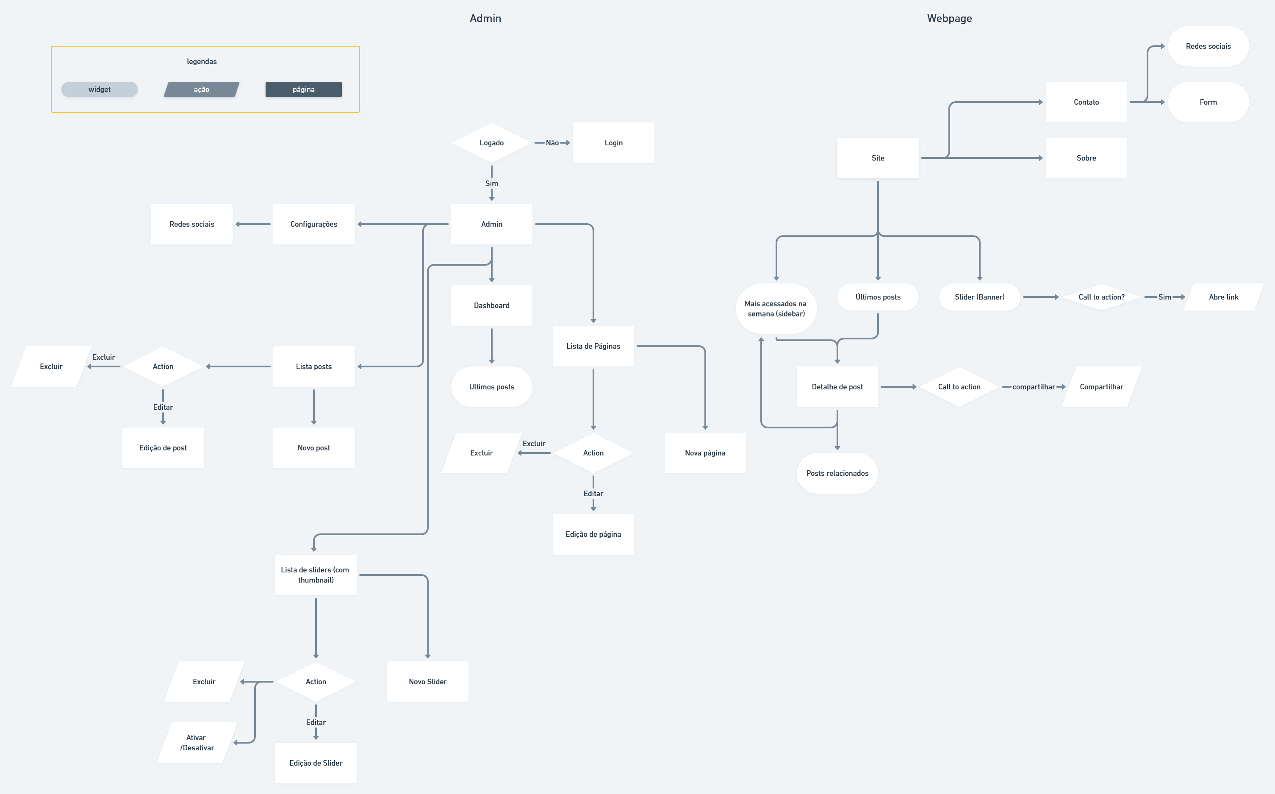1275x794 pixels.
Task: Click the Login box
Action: [x=613, y=143]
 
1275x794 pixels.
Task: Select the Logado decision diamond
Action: [x=491, y=143]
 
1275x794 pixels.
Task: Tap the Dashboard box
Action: [x=491, y=305]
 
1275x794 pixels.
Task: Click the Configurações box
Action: [x=313, y=224]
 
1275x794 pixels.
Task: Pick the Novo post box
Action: [x=313, y=448]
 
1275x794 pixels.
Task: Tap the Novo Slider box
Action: [x=427, y=682]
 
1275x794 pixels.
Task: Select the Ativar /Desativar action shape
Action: [x=197, y=743]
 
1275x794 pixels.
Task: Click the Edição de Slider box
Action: [x=316, y=763]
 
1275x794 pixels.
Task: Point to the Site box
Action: [x=878, y=158]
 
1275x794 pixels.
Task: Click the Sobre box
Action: [x=1086, y=158]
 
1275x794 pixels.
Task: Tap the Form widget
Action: [x=1208, y=102]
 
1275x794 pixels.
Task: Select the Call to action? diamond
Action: [x=1101, y=297]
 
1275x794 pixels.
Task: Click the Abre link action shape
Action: [x=1223, y=297]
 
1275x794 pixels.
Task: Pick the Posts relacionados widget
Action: [x=837, y=473]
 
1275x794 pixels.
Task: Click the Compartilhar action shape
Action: [x=1101, y=387]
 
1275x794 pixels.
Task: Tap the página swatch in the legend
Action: [x=303, y=89]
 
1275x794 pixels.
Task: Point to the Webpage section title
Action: [x=949, y=18]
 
